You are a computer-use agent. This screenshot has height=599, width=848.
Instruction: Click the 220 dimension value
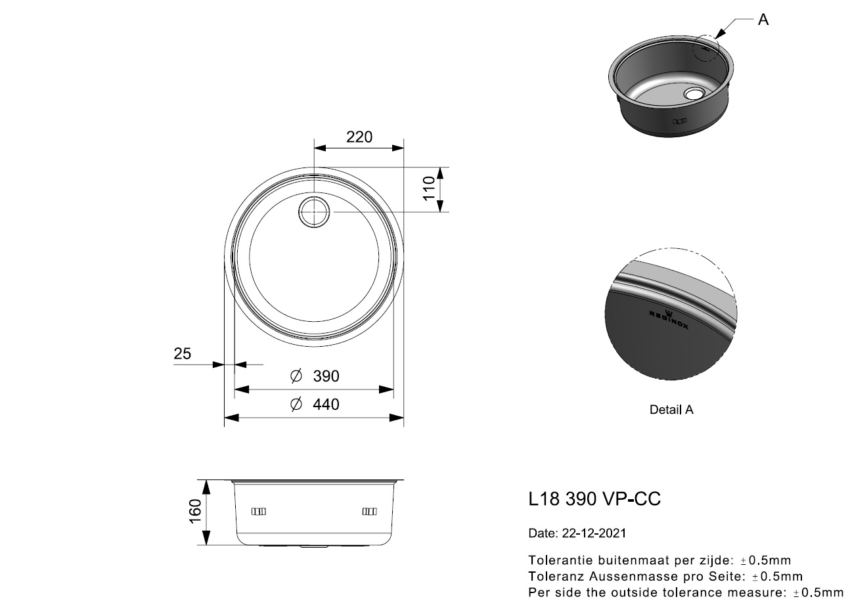359,137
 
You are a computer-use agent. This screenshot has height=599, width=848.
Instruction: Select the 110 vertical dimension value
429,189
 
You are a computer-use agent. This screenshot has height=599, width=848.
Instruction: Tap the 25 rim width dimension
182,353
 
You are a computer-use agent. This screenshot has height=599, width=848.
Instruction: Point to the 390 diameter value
326,376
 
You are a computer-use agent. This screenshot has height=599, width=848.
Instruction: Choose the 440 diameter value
326,405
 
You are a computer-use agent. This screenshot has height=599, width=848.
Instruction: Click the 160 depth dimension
195,512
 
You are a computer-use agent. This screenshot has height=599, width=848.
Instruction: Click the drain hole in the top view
314,212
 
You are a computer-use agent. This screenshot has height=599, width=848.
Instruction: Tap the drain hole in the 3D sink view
693,93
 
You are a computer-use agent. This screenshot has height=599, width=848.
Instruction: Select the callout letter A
763,20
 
